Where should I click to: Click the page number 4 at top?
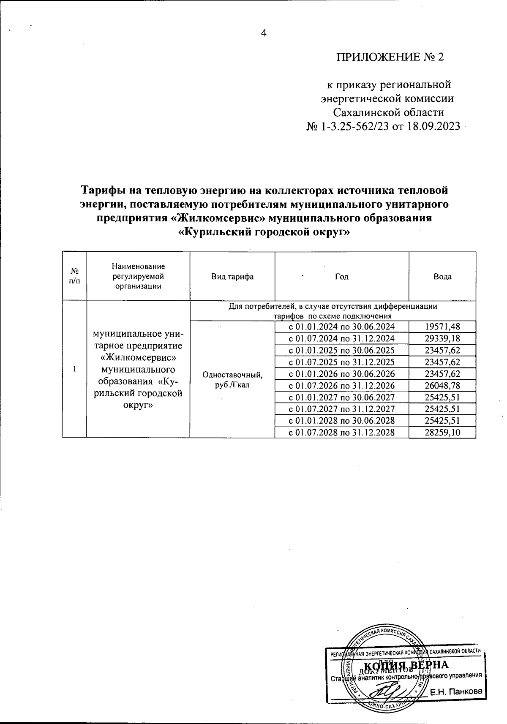tap(264, 33)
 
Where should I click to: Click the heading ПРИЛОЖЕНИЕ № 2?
tap(390, 57)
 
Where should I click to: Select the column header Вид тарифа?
tap(232, 277)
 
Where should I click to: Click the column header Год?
tap(341, 277)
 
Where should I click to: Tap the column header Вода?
tap(442, 277)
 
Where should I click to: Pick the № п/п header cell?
tap(74, 277)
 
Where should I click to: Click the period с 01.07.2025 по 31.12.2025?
tap(341, 362)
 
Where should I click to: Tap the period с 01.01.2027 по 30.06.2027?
tap(341, 397)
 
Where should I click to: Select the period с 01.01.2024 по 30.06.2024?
tap(341, 327)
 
